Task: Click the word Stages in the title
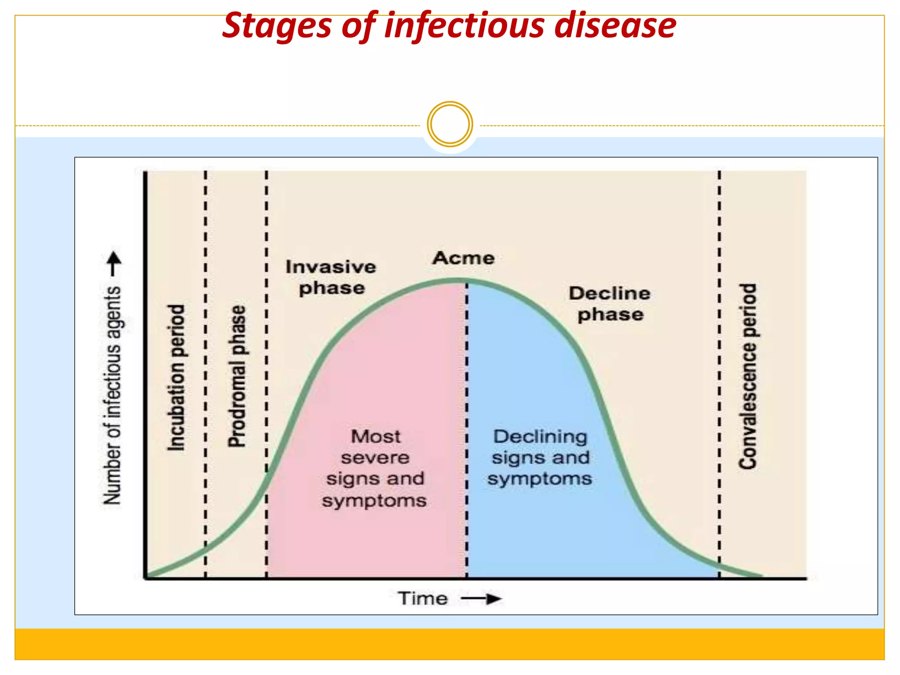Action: (276, 26)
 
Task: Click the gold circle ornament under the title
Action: (450, 124)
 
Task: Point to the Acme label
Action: (463, 258)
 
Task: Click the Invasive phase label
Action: (331, 277)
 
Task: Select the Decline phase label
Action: (610, 304)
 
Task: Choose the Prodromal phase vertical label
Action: (237, 376)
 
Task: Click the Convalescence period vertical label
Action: (748, 376)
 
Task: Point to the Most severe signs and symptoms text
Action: (375, 468)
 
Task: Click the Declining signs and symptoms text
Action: (540, 457)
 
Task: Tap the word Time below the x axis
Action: (423, 599)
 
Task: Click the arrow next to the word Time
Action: (482, 599)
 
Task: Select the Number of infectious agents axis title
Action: (112, 396)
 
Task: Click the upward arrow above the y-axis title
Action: (114, 263)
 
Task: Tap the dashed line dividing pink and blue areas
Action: (467, 431)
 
